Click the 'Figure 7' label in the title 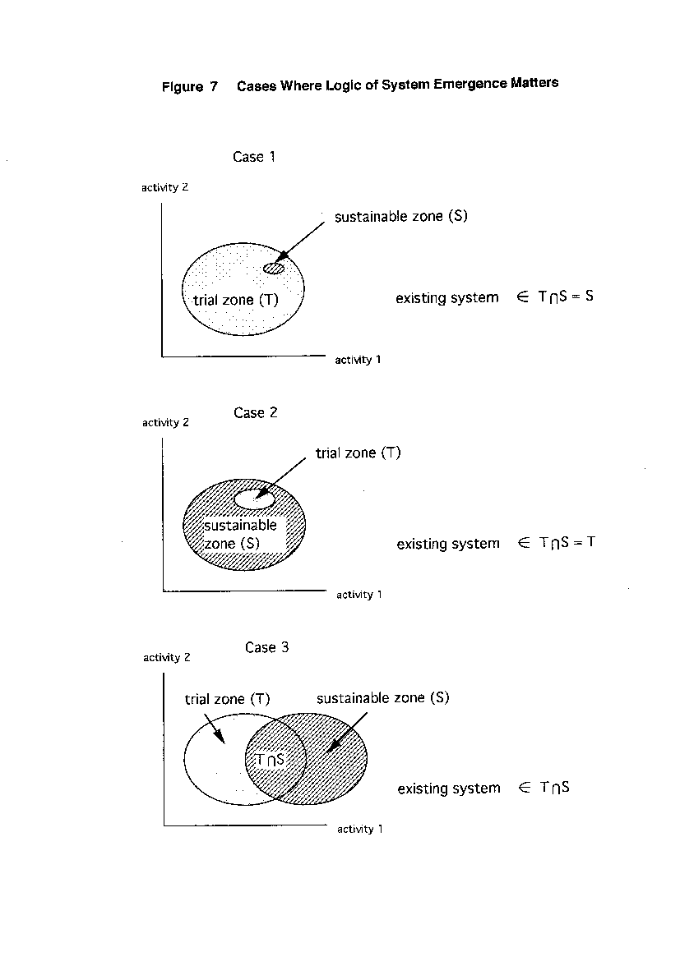pyautogui.click(x=190, y=86)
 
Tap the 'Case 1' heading pyautogui.click(x=253, y=157)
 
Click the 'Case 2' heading pyautogui.click(x=255, y=412)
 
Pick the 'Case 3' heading pyautogui.click(x=266, y=647)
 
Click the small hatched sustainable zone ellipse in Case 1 pyautogui.click(x=274, y=268)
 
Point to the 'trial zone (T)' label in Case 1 pyautogui.click(x=236, y=300)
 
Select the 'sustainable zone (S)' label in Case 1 pyautogui.click(x=400, y=216)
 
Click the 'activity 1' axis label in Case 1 pyautogui.click(x=358, y=360)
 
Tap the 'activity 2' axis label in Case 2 pyautogui.click(x=165, y=422)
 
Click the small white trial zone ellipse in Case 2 pyautogui.click(x=255, y=499)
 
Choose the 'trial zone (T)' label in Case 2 pyautogui.click(x=358, y=453)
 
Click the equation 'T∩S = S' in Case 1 pyautogui.click(x=566, y=297)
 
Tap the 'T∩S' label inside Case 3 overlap pyautogui.click(x=271, y=760)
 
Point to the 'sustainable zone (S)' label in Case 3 pyautogui.click(x=383, y=698)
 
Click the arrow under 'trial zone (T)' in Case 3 pyautogui.click(x=214, y=729)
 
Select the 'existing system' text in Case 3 pyautogui.click(x=449, y=789)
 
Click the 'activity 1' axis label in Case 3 pyautogui.click(x=359, y=830)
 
